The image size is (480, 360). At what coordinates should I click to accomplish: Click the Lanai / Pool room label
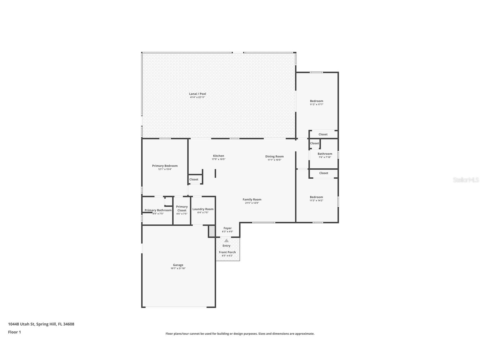click(197, 94)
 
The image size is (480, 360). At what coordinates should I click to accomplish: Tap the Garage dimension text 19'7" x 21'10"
click(178, 268)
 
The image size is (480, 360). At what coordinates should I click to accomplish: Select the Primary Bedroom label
click(165, 166)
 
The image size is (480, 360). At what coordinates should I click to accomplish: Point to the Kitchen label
click(218, 156)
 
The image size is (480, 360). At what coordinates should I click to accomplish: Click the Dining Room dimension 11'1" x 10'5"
click(274, 160)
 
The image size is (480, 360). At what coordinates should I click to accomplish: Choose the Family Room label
click(252, 199)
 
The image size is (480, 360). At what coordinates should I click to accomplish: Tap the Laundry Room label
click(203, 209)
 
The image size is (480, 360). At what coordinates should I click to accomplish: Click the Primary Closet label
click(182, 208)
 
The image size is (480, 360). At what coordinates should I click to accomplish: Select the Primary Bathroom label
click(158, 210)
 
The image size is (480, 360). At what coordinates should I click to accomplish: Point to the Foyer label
click(227, 228)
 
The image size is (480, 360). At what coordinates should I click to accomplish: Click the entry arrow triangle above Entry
click(226, 241)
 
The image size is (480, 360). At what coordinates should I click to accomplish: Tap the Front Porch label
click(227, 252)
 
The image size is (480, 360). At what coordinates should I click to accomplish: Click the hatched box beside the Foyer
click(212, 231)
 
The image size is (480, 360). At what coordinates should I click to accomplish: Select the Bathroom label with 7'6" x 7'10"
click(325, 154)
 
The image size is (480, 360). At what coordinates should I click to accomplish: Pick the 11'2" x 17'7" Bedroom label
click(316, 101)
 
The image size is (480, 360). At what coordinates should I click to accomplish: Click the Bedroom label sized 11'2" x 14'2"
click(316, 197)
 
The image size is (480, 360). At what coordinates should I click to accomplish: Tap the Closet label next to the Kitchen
click(194, 179)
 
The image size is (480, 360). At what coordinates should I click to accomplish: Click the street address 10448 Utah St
click(41, 324)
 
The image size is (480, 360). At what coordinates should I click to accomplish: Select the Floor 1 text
click(14, 332)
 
